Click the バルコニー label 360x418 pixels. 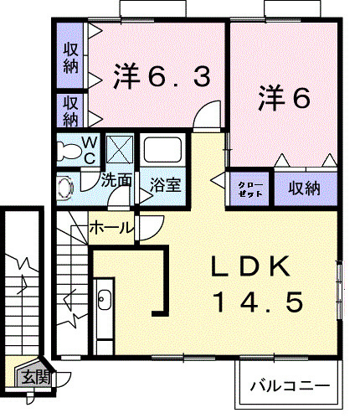point(290,388)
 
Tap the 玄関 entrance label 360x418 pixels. point(35,378)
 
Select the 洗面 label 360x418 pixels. point(117,179)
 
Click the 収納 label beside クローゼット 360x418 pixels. point(305,188)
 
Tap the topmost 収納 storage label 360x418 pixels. point(71,55)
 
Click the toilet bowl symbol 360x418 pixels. point(66,152)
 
